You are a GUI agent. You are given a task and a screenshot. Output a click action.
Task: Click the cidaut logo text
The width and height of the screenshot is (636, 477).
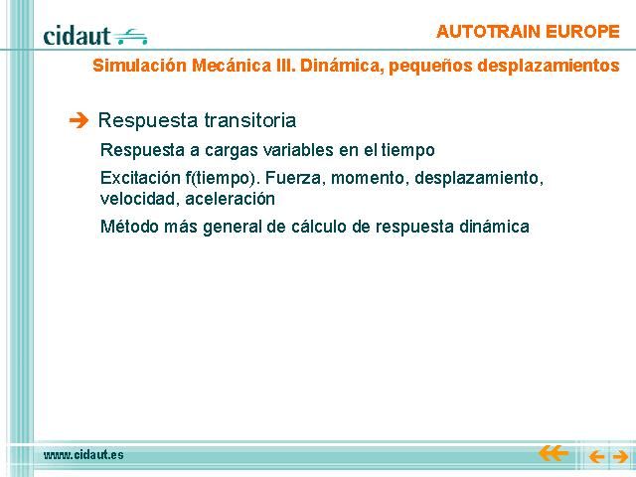[x=77, y=36]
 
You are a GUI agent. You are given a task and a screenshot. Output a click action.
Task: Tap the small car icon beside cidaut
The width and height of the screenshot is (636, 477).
[x=130, y=37]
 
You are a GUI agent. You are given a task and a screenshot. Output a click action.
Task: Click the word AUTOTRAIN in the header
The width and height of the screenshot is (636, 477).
[x=488, y=32]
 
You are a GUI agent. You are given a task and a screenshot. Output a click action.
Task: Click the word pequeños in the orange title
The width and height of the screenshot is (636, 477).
[x=430, y=67]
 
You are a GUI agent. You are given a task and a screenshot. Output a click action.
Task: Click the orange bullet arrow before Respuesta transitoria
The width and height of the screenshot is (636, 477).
[x=79, y=120]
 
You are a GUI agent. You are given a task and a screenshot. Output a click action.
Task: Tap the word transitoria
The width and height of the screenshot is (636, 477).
[x=249, y=120]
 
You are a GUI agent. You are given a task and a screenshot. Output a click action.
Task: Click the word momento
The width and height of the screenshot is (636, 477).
[x=368, y=178]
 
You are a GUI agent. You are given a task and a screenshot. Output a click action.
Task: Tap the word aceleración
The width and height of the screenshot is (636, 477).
[x=230, y=199]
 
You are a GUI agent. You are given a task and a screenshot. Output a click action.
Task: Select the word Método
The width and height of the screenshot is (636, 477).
[x=129, y=226]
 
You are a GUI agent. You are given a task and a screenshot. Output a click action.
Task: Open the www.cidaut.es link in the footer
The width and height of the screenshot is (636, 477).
[x=83, y=455]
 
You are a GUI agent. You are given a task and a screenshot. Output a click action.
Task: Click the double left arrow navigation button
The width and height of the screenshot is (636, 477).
[x=554, y=453]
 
